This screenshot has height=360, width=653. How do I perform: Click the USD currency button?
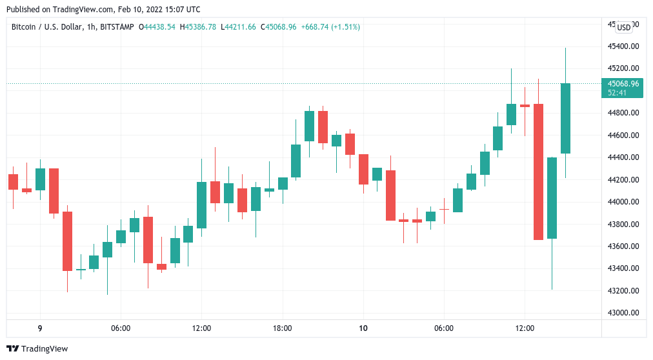(x=624, y=27)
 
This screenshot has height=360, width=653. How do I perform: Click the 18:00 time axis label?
(x=282, y=328)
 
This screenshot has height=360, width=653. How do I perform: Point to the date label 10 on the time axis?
(x=363, y=328)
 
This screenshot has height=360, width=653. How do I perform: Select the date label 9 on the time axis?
(x=40, y=328)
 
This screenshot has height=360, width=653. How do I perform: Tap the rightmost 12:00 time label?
(x=525, y=328)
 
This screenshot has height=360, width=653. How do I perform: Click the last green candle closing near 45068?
(x=565, y=118)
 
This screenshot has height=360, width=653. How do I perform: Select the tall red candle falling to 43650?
(x=538, y=172)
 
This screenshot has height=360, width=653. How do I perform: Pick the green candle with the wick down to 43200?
(x=552, y=197)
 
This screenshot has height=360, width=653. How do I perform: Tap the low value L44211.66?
(x=239, y=27)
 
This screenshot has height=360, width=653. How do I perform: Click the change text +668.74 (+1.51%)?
(x=330, y=27)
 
